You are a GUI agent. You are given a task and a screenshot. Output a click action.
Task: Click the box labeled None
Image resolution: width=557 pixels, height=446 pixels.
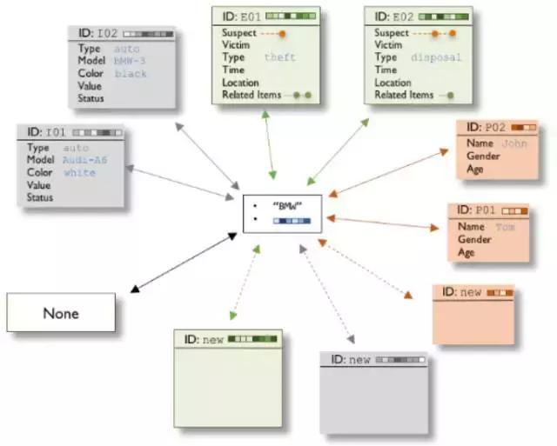pos(61,313)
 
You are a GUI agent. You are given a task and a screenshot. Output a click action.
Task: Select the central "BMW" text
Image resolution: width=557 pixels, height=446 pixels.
pos(283,206)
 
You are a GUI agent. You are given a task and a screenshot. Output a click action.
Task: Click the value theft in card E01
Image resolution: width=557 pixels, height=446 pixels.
pos(279,57)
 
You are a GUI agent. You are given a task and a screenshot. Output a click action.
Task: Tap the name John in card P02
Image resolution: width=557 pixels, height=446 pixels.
pos(514,143)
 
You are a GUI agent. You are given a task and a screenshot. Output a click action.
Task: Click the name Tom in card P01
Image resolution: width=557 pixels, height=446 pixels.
pos(506,226)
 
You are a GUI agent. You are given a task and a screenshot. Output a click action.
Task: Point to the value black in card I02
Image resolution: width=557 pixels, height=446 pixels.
pos(131,74)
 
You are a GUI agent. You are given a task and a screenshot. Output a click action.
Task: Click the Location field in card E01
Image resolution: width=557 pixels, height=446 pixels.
pos(241,83)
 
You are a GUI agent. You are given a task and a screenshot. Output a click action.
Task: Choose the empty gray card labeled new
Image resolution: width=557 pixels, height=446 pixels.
pos(374,396)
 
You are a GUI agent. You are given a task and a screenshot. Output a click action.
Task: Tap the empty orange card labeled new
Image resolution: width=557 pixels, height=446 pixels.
pos(473,317)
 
